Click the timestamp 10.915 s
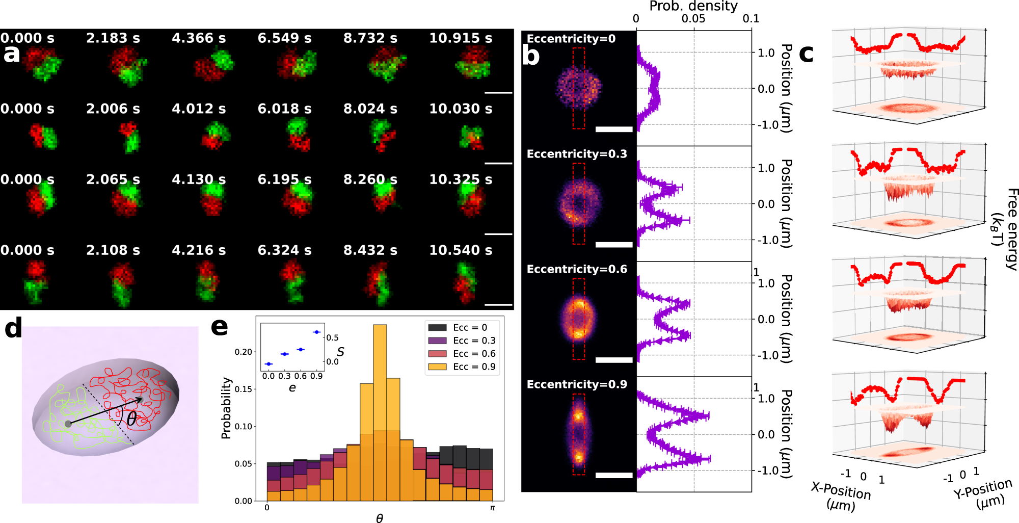460,38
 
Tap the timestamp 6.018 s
284,109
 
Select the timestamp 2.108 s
113,250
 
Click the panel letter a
11,53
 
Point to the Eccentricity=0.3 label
576,154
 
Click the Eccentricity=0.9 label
576,384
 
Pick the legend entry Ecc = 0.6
474,354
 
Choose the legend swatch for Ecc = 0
437,328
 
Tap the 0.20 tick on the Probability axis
243,352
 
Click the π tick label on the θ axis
492,508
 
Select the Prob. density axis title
693,6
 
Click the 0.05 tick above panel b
693,19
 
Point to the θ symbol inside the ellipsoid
131,419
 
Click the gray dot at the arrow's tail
68,424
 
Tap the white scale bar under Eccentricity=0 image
613,129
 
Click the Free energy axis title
1006,224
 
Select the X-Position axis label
841,495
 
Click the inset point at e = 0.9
317,332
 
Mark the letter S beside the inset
340,352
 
